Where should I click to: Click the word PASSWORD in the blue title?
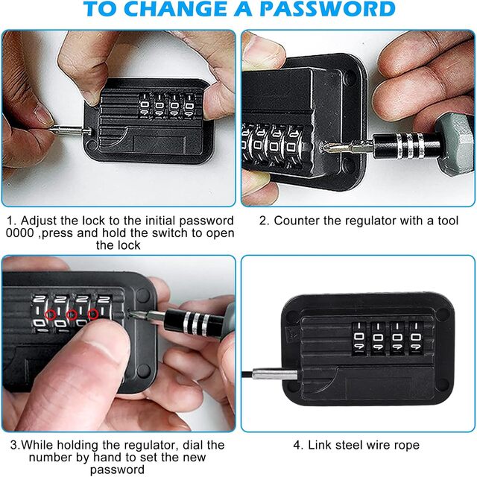coord(328,9)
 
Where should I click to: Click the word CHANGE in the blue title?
coord(177,9)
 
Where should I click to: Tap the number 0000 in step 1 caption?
coord(20,233)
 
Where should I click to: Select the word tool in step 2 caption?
coord(448,221)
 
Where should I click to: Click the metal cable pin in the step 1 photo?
coord(70,131)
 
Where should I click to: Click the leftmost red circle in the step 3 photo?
coord(51,315)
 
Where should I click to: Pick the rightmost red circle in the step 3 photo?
coord(93,315)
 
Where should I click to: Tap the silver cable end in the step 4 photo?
coord(274,374)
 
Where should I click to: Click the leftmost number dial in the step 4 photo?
coord(359,338)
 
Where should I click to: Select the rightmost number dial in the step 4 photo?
coord(416,338)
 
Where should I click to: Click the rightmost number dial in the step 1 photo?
coord(189,106)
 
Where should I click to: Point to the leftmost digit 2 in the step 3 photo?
coord(39,299)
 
